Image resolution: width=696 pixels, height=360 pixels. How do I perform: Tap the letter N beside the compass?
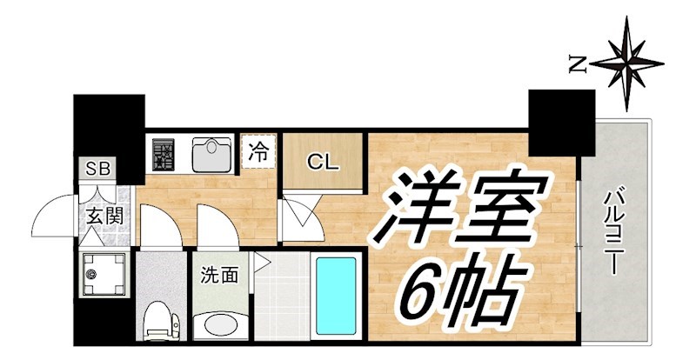[x=575, y=62]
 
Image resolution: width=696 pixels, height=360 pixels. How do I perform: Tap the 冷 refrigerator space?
[x=258, y=151]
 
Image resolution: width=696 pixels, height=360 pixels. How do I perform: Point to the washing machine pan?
[x=101, y=276]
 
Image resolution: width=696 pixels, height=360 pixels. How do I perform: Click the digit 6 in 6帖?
[x=424, y=289]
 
